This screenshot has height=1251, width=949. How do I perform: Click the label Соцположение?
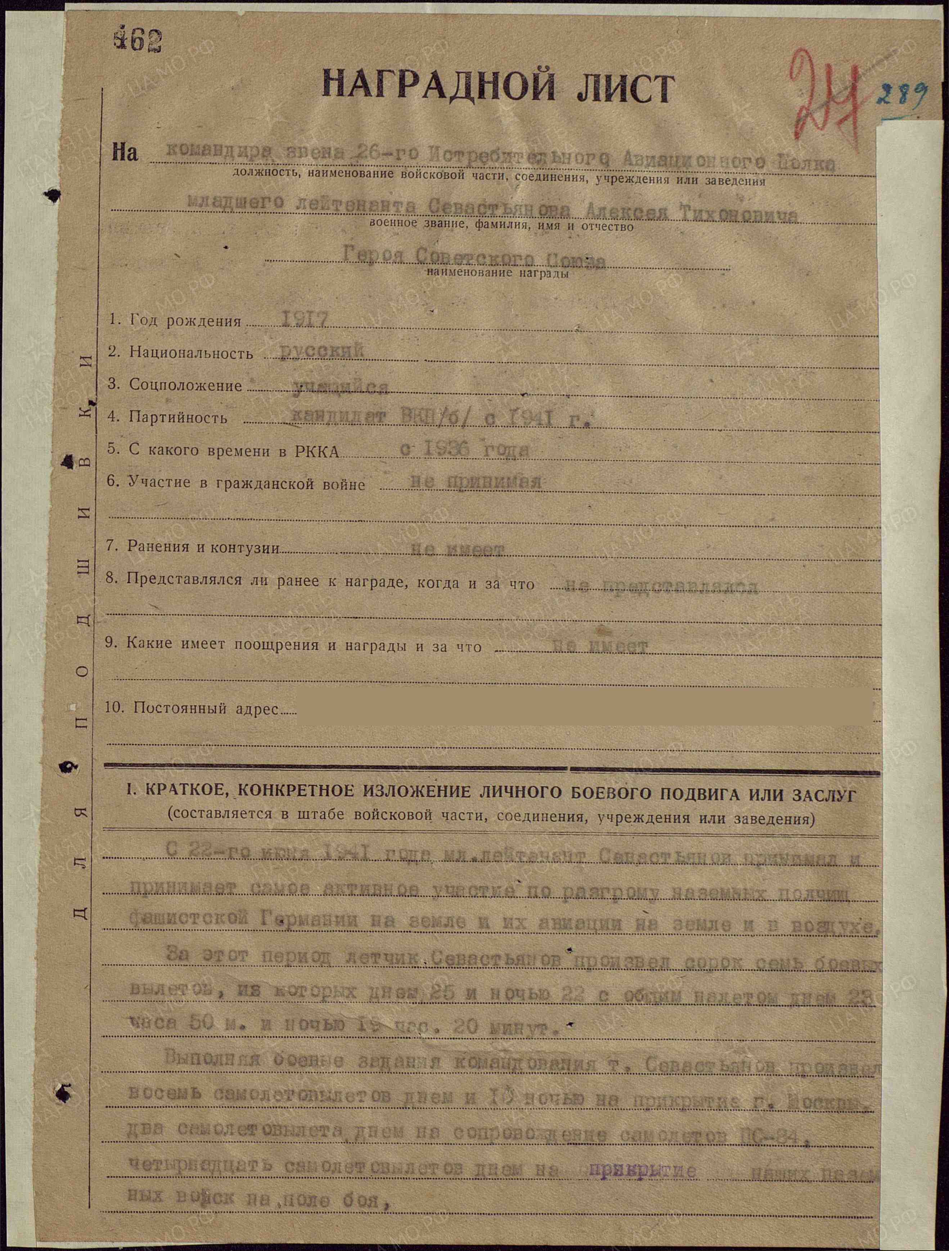point(185,385)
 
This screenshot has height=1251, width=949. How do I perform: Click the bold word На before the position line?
point(125,153)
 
